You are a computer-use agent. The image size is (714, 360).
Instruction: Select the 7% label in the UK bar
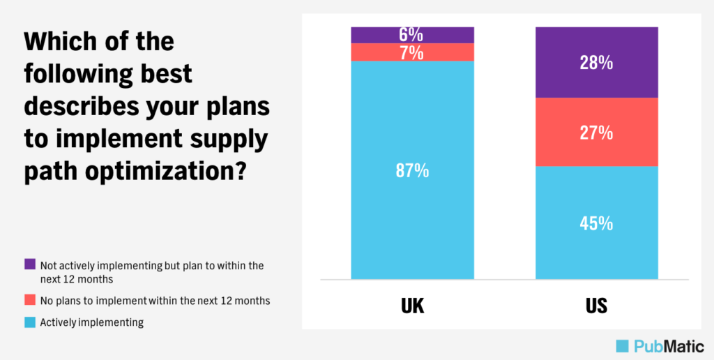[412, 52]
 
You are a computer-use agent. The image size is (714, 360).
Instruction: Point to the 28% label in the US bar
[597, 63]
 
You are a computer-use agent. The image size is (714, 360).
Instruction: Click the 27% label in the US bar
[597, 133]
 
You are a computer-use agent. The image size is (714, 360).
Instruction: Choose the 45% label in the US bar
[597, 223]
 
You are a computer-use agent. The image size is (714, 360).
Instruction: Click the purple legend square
[29, 264]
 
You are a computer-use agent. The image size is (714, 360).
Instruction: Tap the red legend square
[29, 300]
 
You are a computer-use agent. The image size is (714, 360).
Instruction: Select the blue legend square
[29, 322]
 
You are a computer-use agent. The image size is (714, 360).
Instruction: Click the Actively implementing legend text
[92, 322]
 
